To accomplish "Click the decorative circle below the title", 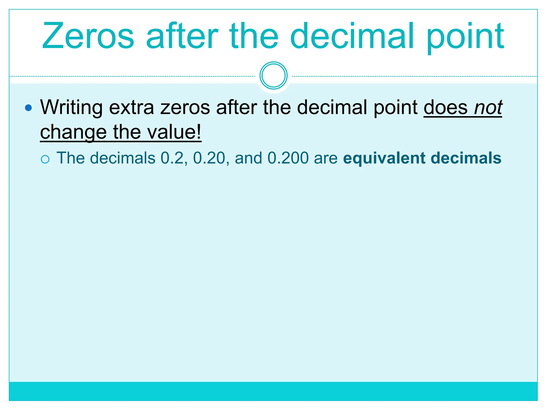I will (x=273, y=76).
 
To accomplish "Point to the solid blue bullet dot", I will (x=28, y=108).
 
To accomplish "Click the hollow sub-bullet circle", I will (x=45, y=159).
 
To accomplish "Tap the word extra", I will (x=131, y=107).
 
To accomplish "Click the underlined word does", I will (x=446, y=107).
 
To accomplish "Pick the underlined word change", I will (x=73, y=132).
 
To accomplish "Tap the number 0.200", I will (x=288, y=158).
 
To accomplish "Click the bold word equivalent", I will (x=384, y=158).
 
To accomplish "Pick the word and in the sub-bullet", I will (x=248, y=158).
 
